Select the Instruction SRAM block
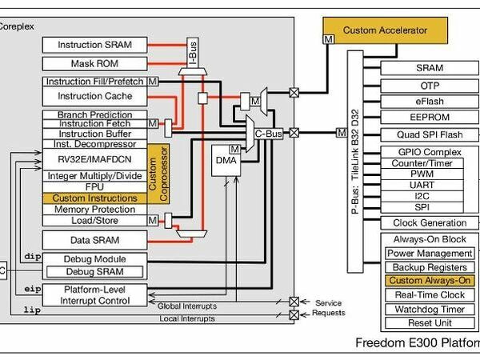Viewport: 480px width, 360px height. pos(95,45)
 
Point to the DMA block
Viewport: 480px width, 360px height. pos(226,162)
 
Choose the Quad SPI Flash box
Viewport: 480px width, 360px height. pos(429,134)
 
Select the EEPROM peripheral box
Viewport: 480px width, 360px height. pos(429,117)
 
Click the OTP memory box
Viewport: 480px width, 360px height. pos(429,85)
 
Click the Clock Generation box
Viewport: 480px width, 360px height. pos(429,223)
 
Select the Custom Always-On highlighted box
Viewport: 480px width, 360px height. pos(429,281)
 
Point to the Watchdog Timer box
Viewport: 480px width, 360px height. pos(429,310)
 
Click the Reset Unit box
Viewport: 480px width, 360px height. pos(429,323)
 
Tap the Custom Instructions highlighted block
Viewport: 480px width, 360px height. pos(94,198)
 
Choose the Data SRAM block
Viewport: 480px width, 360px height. pos(95,239)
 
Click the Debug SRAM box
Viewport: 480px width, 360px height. pos(95,271)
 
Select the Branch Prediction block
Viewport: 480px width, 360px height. pos(95,115)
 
